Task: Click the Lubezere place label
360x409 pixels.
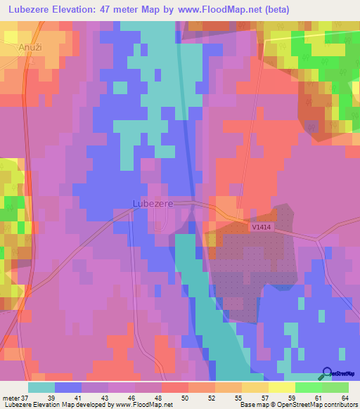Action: (x=153, y=204)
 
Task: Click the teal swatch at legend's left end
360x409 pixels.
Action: (x=41, y=387)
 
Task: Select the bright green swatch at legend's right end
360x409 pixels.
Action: (x=335, y=387)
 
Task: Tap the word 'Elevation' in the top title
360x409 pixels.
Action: (x=73, y=11)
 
